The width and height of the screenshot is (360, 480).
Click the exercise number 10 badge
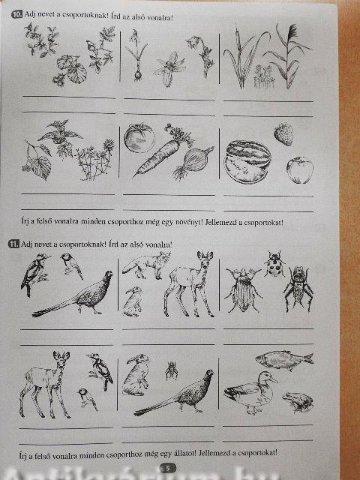(17, 14)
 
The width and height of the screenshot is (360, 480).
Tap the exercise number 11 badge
(14, 244)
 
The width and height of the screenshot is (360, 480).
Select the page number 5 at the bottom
(168, 468)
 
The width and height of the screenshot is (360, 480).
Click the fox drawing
(146, 265)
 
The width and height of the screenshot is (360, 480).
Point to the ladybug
(274, 264)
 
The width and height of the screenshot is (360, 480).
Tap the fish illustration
(284, 359)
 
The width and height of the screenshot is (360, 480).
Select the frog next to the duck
(298, 401)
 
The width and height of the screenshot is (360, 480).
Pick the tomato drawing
(139, 138)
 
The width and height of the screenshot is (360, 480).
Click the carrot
(162, 152)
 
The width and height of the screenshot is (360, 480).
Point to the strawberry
(283, 134)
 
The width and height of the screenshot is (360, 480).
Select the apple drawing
(300, 170)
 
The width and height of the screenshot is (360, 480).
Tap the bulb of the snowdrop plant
(138, 75)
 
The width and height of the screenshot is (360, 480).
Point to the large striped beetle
(244, 290)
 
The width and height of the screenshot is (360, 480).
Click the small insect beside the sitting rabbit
(172, 370)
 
